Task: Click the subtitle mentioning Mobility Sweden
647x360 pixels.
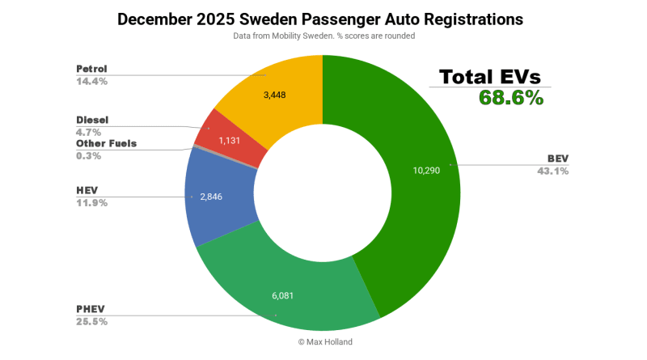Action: [x=323, y=36]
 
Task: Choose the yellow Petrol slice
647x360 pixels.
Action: [x=275, y=89]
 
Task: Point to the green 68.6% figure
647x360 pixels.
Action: [x=511, y=98]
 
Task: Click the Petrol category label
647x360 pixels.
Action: [x=91, y=69]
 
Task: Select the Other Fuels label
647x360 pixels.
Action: [x=106, y=143]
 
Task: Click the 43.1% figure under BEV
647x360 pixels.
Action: [x=552, y=171]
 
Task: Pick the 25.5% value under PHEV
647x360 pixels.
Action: [x=91, y=321]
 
